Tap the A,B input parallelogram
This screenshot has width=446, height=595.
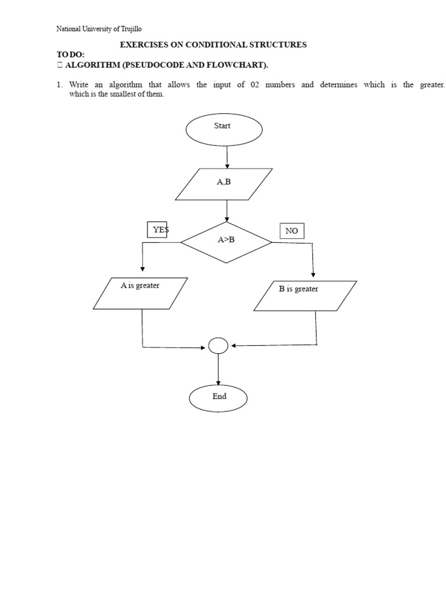[x=224, y=184]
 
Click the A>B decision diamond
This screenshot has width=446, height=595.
[x=226, y=242]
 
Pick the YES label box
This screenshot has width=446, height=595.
[x=157, y=230]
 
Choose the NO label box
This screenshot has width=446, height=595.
[x=292, y=231]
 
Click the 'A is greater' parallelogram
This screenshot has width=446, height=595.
[x=141, y=293]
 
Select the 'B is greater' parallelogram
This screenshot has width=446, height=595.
[x=305, y=296]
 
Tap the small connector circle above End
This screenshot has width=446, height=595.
[x=218, y=346]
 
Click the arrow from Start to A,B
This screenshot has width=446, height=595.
[x=227, y=157]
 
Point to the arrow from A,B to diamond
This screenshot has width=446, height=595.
[x=227, y=211]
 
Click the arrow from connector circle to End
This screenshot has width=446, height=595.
[x=218, y=369]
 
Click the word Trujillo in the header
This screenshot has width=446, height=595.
[x=131, y=29]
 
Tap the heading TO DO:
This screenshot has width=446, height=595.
[x=70, y=55]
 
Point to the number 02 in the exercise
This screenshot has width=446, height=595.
[x=255, y=85]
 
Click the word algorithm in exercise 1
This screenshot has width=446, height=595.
[x=125, y=85]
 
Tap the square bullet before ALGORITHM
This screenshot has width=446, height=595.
[x=60, y=65]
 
